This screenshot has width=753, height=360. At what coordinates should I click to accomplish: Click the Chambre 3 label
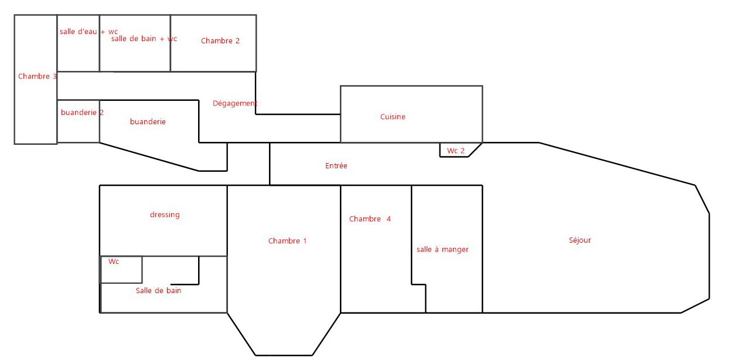pyautogui.click(x=38, y=76)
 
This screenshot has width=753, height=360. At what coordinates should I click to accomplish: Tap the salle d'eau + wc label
pyautogui.click(x=88, y=32)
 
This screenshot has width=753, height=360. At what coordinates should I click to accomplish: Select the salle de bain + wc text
pyautogui.click(x=144, y=39)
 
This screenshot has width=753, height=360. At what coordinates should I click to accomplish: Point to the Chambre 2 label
pyautogui.click(x=220, y=41)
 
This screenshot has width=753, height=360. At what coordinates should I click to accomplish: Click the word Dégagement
pyautogui.click(x=235, y=103)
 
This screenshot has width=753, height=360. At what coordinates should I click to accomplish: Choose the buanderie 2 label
pyautogui.click(x=82, y=113)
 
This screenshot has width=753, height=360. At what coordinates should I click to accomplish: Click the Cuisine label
pyautogui.click(x=393, y=117)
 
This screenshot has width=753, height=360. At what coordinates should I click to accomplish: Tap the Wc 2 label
pyautogui.click(x=456, y=151)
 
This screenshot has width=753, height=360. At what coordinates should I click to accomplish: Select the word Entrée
pyautogui.click(x=336, y=166)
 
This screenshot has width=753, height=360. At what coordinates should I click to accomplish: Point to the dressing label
pyautogui.click(x=165, y=215)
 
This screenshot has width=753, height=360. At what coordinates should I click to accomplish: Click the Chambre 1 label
pyautogui.click(x=287, y=241)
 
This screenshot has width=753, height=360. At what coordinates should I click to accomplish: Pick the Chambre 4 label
pyautogui.click(x=370, y=219)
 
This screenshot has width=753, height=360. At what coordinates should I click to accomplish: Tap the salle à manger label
pyautogui.click(x=442, y=249)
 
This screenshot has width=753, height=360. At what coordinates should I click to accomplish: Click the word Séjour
pyautogui.click(x=580, y=240)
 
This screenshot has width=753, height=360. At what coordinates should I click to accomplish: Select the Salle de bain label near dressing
pyautogui.click(x=158, y=290)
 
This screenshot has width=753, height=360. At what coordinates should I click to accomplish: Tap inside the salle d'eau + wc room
pyautogui.click(x=79, y=53)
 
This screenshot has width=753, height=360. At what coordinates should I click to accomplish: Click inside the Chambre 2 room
pyautogui.click(x=213, y=56)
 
